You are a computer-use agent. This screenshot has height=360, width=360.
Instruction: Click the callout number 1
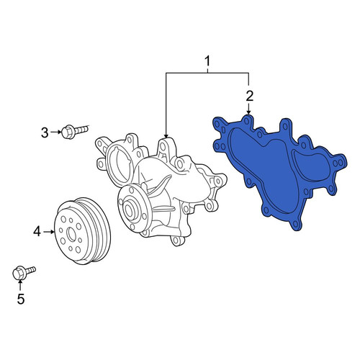207,61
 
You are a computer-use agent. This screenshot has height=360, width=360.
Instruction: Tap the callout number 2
250,96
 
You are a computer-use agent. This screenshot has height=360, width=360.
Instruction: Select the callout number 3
45,132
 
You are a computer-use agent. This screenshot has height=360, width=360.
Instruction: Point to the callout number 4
37,232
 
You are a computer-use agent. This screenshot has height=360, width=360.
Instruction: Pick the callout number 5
21,299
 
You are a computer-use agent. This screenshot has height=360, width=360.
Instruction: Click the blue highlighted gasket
279,168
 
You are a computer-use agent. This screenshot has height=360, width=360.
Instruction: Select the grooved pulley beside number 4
83,231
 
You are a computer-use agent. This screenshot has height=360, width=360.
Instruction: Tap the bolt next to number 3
75,132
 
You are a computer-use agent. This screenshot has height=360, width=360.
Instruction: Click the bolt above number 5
24,273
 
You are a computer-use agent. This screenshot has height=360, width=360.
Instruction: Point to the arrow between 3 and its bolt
55,132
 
